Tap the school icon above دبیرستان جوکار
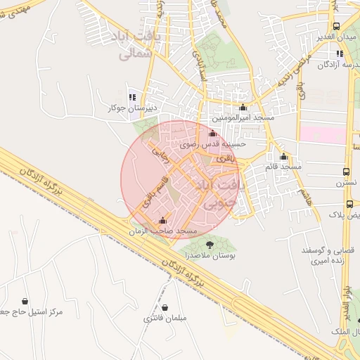click(x=131, y=97)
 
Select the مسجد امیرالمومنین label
click(x=243, y=119)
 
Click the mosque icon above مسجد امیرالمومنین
click(x=243, y=108)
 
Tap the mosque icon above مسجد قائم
click(x=283, y=156)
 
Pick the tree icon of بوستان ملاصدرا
click(x=210, y=243)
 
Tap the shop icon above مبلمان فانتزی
click(x=165, y=307)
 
